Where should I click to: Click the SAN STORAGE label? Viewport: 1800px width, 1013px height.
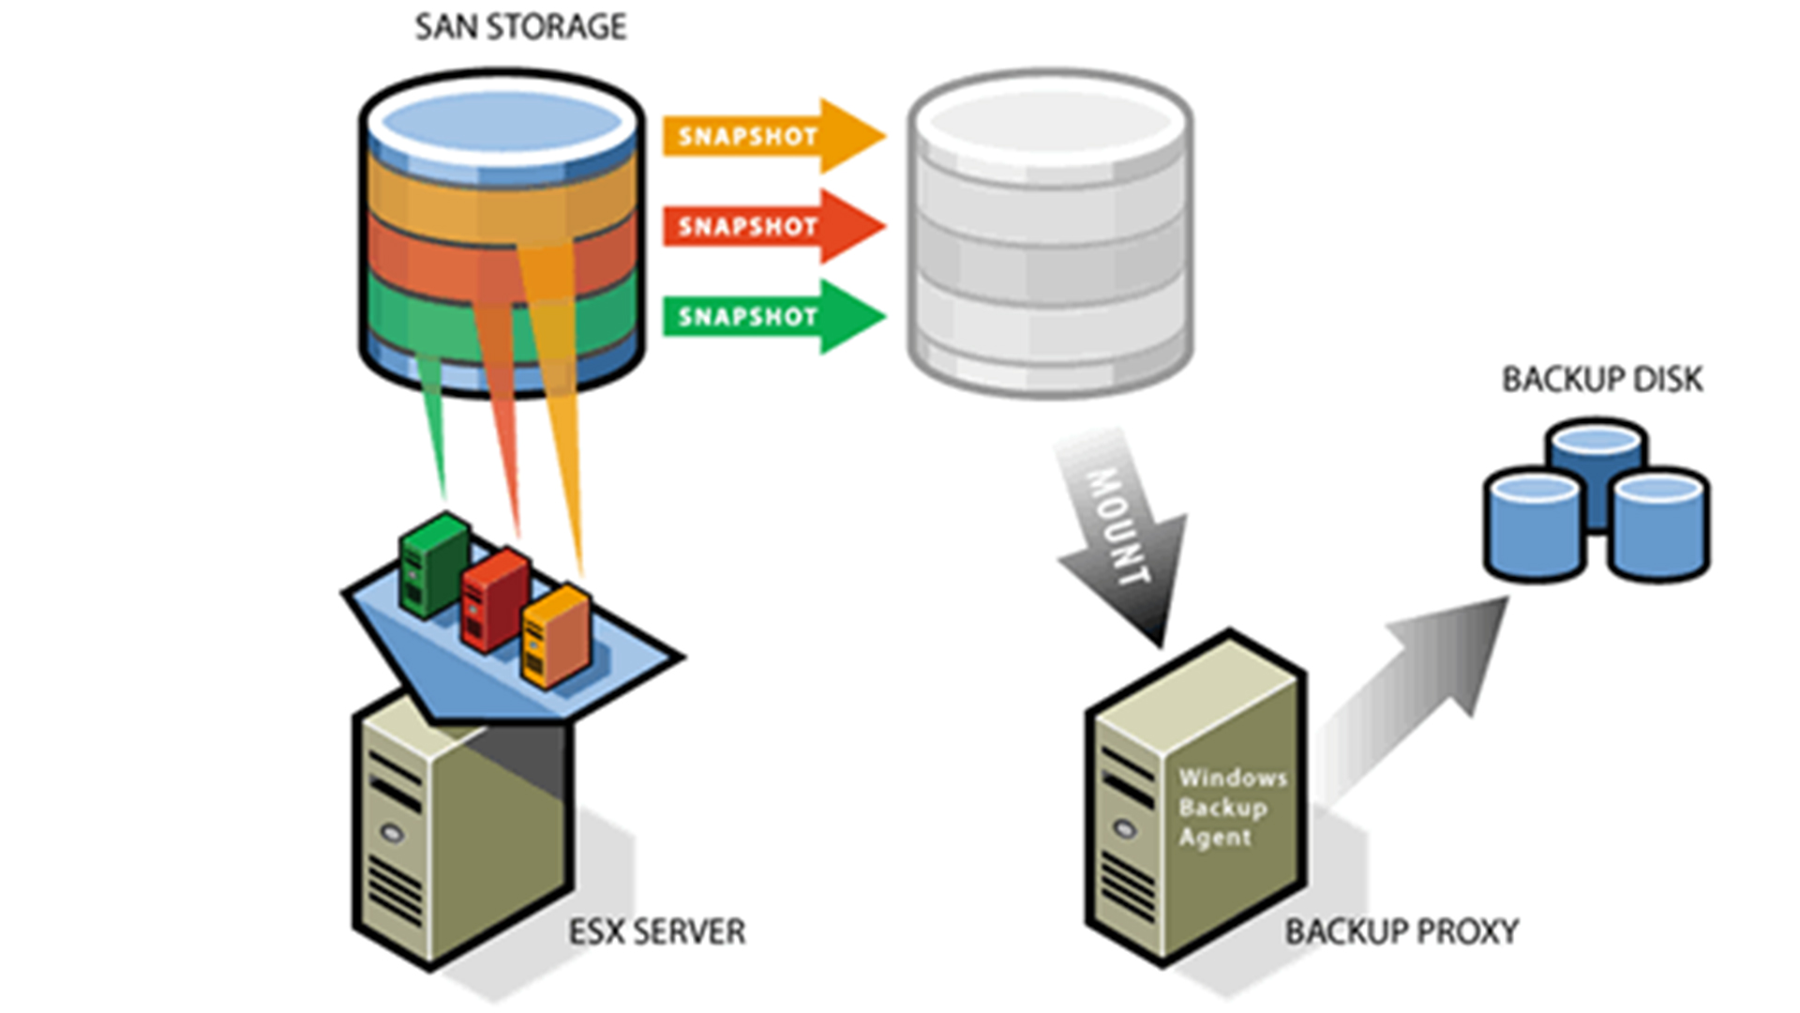[520, 27]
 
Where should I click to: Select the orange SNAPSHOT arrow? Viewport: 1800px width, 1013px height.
[773, 136]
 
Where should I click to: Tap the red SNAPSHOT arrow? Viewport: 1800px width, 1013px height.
[773, 226]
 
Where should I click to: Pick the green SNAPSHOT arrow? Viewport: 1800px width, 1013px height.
[773, 316]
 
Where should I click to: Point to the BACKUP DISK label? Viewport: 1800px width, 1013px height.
[1602, 380]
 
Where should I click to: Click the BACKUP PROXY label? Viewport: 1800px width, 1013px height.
[1402, 931]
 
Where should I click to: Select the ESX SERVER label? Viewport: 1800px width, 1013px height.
[657, 931]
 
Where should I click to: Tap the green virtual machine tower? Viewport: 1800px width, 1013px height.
[433, 565]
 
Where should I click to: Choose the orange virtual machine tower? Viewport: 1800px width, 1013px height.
[556, 636]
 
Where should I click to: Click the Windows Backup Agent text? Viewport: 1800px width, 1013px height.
[1232, 807]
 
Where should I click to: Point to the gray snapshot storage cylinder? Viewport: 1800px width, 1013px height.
[1050, 233]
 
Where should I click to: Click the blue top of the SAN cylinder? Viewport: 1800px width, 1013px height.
[502, 124]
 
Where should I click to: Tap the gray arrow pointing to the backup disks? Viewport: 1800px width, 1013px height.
[1411, 699]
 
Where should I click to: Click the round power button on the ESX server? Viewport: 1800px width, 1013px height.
[392, 831]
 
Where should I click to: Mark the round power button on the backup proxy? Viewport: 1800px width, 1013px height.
[1125, 828]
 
